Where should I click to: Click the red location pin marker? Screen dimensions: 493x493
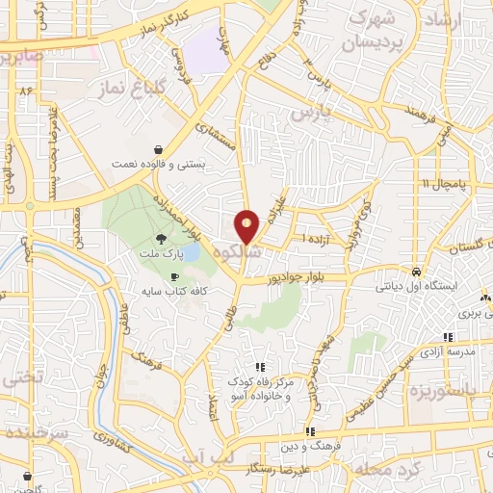(x=247, y=226)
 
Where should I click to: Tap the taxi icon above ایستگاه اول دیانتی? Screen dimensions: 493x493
(x=414, y=271)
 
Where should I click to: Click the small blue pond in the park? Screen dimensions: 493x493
(x=191, y=251)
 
